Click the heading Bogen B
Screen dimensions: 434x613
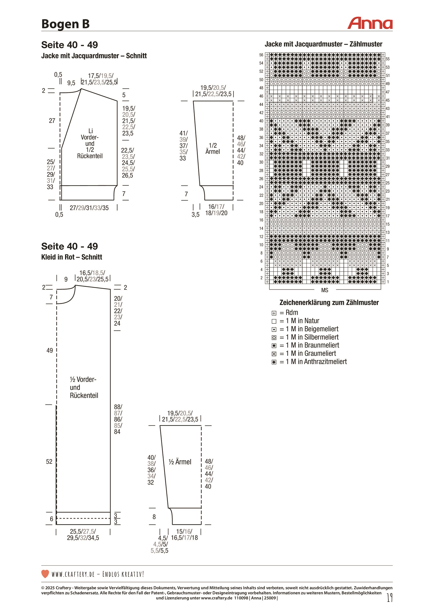pyautogui.click(x=65, y=24)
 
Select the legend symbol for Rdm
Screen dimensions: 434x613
pyautogui.click(x=274, y=313)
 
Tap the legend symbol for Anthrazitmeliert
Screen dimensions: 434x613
pyautogui.click(x=274, y=362)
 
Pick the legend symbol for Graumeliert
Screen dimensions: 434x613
pyautogui.click(x=274, y=354)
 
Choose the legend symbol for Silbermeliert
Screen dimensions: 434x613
pyautogui.click(x=274, y=338)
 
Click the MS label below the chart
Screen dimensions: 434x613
pyautogui.click(x=325, y=290)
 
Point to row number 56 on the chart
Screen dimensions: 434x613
pyautogui.click(x=261, y=55)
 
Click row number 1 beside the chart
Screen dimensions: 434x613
pyautogui.click(x=388, y=282)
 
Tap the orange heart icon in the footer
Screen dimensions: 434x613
pyautogui.click(x=45, y=574)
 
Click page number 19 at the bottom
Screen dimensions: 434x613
pyautogui.click(x=390, y=598)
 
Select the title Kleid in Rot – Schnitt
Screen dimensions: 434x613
pyautogui.click(x=72, y=257)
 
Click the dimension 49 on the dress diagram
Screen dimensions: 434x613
pyautogui.click(x=50, y=351)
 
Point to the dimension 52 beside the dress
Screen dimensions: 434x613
pyautogui.click(x=49, y=462)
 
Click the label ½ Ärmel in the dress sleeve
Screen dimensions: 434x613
pyautogui.click(x=180, y=462)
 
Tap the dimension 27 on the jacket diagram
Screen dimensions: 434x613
pyautogui.click(x=52, y=121)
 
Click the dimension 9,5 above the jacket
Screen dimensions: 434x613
pyautogui.click(x=71, y=83)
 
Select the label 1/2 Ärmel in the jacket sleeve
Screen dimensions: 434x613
pyautogui.click(x=213, y=149)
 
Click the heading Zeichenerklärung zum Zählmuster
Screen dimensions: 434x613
pyautogui.click(x=329, y=303)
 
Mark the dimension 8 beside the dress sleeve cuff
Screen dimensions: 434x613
pyautogui.click(x=154, y=517)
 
